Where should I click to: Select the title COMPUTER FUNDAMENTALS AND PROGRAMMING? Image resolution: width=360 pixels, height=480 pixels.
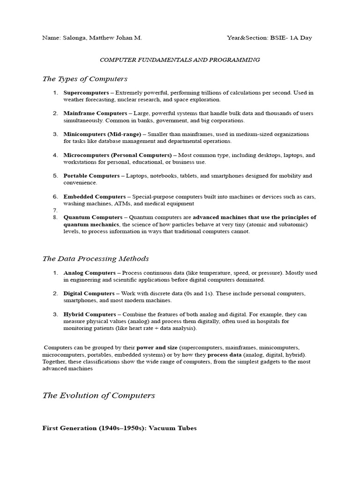click(x=180, y=60)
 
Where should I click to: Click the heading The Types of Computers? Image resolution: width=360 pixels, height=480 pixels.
click(x=85, y=79)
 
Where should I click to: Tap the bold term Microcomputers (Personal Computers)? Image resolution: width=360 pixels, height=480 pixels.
click(x=118, y=155)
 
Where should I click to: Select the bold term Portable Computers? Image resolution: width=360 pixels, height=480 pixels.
click(x=91, y=176)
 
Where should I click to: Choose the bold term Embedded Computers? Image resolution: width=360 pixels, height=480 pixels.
click(x=94, y=197)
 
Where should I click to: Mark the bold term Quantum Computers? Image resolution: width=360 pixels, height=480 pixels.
click(x=93, y=217)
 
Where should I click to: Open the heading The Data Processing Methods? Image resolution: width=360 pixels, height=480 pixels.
click(x=96, y=258)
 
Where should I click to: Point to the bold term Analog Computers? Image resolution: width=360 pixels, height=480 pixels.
click(x=89, y=273)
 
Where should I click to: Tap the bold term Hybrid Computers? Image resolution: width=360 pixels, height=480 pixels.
click(x=89, y=314)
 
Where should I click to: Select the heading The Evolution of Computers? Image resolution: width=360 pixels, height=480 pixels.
click(x=98, y=396)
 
